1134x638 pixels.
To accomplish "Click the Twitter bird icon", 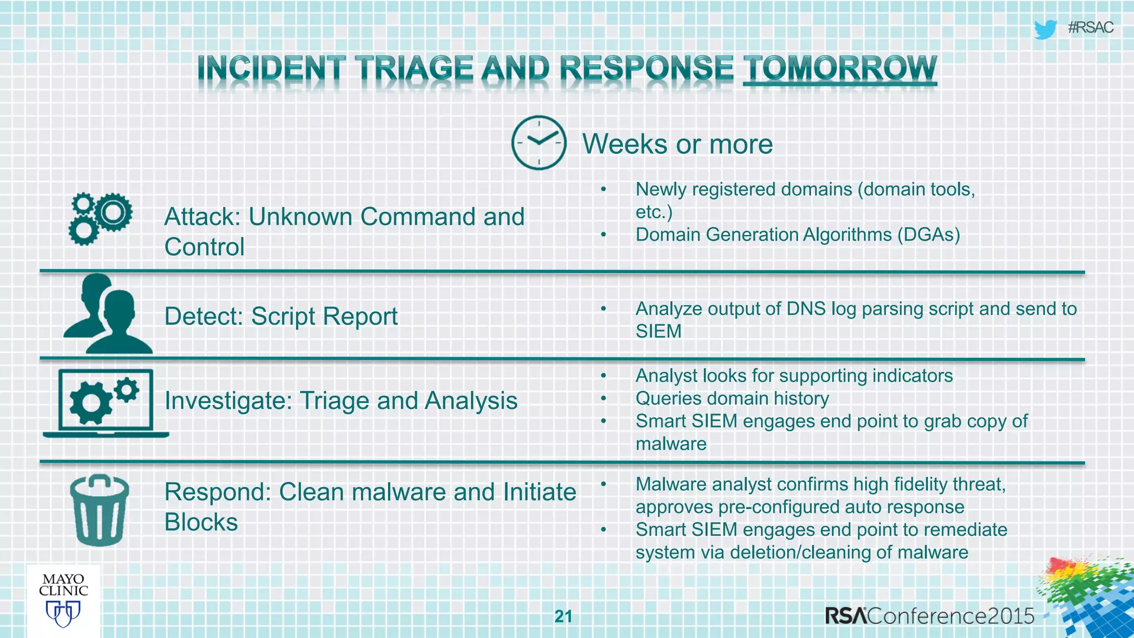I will point(1045,29).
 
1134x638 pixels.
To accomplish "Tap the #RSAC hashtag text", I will point(1090,28).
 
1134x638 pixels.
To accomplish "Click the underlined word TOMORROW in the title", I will point(839,69).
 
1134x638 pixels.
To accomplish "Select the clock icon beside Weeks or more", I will point(539,143).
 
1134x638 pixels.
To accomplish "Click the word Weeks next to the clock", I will point(625,145).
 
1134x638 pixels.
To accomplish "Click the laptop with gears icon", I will point(106,403).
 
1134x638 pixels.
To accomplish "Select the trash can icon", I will point(100,511).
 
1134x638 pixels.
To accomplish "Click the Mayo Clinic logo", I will point(64,600).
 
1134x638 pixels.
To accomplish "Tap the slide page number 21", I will point(563,616).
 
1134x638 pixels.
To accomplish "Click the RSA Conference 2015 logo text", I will point(929,616).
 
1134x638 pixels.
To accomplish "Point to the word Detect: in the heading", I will point(203,317).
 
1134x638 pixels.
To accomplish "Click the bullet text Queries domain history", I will point(732,399).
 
